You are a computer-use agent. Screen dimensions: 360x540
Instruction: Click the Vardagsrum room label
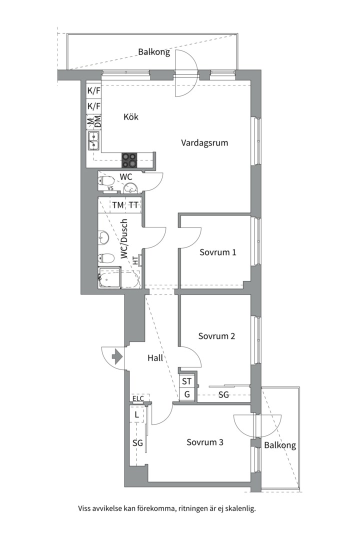(x=204, y=143)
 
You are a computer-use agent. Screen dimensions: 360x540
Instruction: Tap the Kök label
(x=131, y=116)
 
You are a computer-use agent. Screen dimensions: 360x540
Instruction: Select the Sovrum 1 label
(x=217, y=252)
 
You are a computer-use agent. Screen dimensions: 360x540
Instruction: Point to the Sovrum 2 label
(x=216, y=336)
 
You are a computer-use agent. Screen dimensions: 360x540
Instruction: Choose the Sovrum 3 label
(x=205, y=442)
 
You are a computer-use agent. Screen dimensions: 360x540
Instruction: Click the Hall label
(x=155, y=358)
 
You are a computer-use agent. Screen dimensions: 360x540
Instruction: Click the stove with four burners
(x=129, y=160)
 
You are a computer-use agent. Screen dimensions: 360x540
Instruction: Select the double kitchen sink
(x=93, y=141)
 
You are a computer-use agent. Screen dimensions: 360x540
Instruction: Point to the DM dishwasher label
(x=97, y=121)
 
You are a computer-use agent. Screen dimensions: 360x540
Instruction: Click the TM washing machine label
(x=118, y=205)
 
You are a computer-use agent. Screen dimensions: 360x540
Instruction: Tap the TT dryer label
(x=133, y=205)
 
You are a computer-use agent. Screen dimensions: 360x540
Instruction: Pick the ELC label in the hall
(x=138, y=399)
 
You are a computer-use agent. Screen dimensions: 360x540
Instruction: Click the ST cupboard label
(x=186, y=381)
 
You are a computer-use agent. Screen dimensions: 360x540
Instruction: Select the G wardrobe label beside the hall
(x=187, y=394)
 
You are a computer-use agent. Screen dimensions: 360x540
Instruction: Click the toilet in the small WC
(x=106, y=181)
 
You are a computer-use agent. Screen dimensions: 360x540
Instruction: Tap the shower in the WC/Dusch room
(x=109, y=277)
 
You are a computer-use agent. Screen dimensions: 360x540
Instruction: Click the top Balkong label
(x=154, y=52)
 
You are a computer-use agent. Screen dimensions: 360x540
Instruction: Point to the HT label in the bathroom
(x=135, y=260)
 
